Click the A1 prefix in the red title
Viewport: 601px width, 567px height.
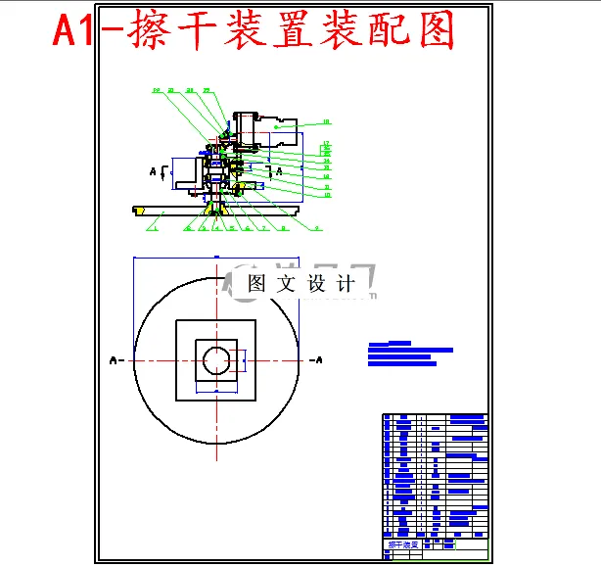74,31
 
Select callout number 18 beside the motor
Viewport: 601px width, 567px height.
326,122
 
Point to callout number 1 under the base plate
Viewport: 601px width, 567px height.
154,228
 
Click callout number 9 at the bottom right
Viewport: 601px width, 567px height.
316,228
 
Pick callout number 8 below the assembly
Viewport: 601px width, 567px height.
283,228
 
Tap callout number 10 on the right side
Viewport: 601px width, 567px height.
326,195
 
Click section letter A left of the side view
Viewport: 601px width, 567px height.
153,171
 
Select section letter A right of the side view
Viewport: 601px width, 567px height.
280,170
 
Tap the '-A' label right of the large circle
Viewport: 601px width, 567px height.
315,360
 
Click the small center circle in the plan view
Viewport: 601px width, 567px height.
215,361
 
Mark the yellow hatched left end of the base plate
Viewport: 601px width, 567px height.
140,210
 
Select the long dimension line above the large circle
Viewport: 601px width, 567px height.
215,258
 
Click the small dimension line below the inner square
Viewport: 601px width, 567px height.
215,391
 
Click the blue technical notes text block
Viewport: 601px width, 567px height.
409,354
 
